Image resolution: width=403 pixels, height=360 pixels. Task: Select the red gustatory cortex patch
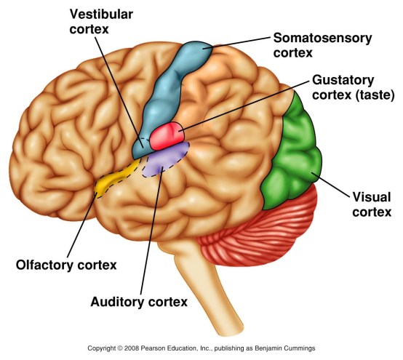(x=169, y=135)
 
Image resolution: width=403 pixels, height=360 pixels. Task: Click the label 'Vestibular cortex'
(x=100, y=21)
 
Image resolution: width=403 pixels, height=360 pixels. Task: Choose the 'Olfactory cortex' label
(x=66, y=265)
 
